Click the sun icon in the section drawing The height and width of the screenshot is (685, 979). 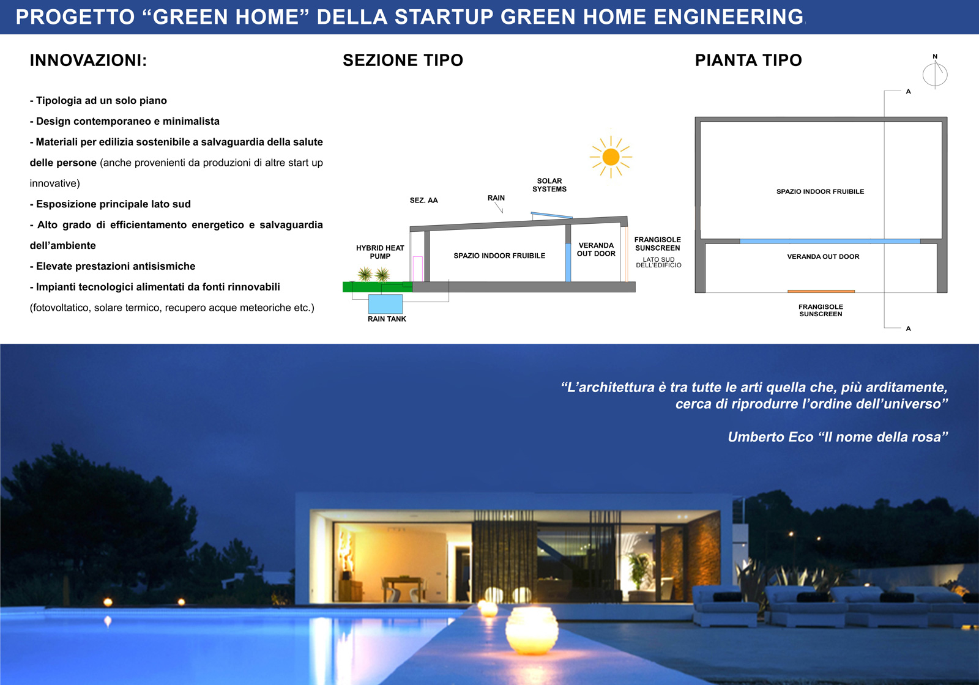point(611,157)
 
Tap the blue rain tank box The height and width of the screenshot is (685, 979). point(385,303)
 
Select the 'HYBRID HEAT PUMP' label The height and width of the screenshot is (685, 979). point(380,252)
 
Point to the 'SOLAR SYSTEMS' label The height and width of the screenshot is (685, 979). point(549,185)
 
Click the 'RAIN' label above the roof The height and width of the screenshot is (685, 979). point(496,198)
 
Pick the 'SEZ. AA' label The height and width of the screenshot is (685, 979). point(423,201)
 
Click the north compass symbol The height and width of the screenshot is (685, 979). point(935,73)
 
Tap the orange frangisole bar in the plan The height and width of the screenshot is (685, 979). point(821,291)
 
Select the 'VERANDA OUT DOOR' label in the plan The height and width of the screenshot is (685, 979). point(823,256)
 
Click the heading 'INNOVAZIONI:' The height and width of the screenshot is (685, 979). point(88,61)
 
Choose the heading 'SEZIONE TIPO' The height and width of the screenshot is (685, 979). point(403,61)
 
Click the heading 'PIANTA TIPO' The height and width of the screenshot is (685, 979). point(748,61)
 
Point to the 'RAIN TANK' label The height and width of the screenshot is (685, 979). point(387,319)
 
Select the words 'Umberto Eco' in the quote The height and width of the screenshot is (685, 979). point(770,437)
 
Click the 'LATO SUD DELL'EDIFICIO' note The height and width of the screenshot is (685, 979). point(658,262)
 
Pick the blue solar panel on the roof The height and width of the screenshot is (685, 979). point(551,215)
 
